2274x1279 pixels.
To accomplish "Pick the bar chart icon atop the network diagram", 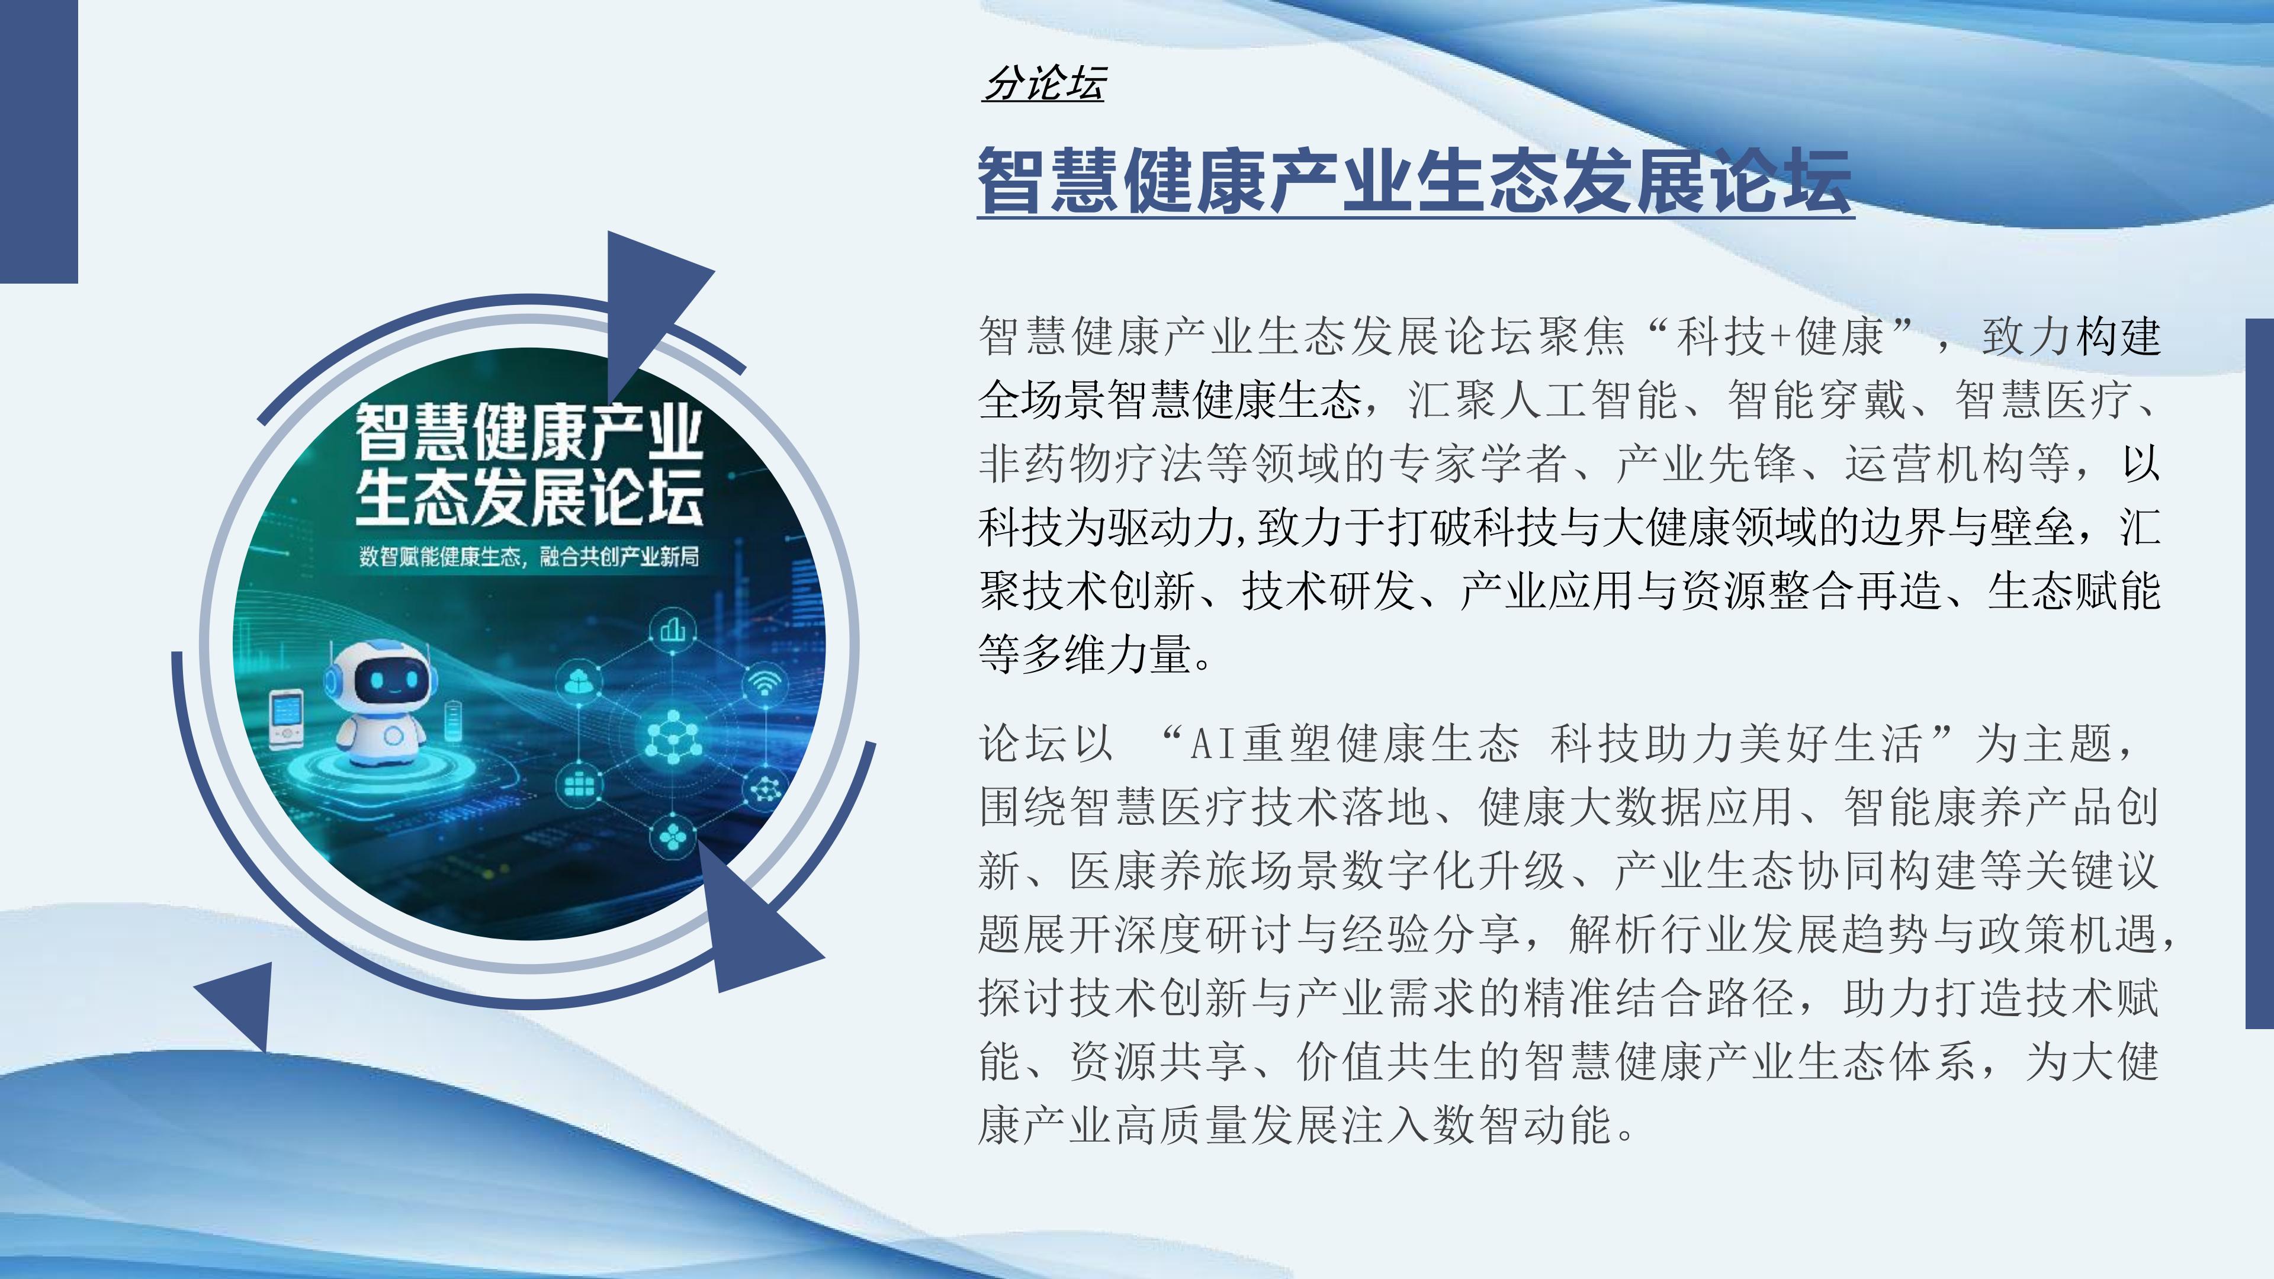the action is [673, 629].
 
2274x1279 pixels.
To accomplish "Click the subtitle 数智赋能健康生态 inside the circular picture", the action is [439, 557].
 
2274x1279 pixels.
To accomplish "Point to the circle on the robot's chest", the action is [394, 735].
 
